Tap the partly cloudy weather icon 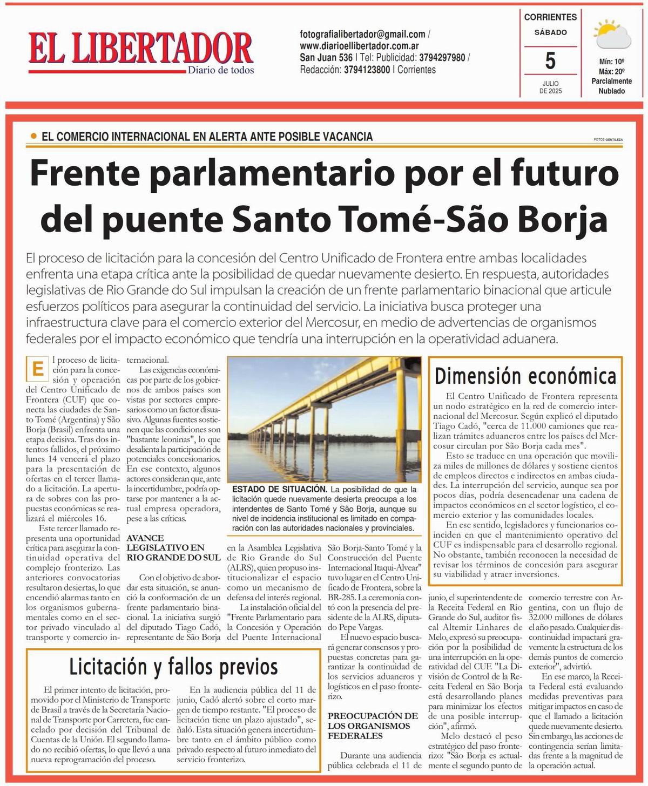coord(611,33)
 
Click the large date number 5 coord(550,61)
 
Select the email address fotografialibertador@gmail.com coord(362,34)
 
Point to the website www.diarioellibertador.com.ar coord(359,46)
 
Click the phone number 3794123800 coord(367,70)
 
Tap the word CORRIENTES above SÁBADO coord(550,17)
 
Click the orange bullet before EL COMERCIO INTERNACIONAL coord(35,137)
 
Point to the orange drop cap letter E coord(37,369)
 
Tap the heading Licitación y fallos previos coord(173,667)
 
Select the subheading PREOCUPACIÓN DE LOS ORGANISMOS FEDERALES coord(373,726)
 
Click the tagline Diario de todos coord(220,70)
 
